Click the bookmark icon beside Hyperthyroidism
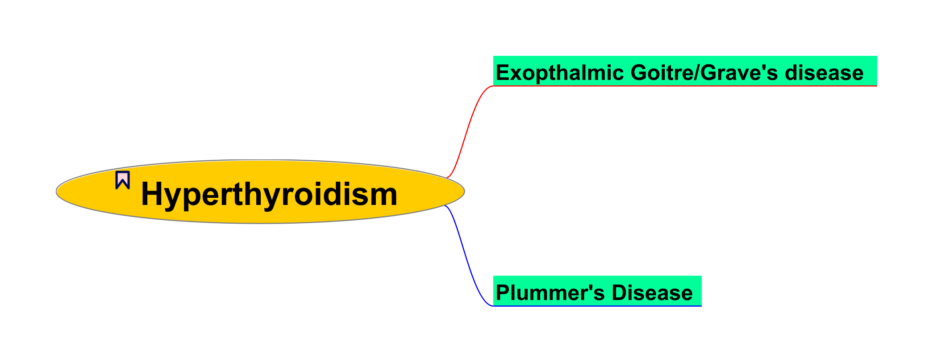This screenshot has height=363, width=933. [123, 180]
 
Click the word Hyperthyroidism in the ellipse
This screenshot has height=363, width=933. [269, 194]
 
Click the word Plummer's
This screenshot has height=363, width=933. [550, 293]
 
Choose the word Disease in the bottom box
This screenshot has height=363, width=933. [652, 293]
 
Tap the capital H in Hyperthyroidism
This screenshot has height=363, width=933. [151, 194]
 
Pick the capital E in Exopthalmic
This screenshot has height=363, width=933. [502, 73]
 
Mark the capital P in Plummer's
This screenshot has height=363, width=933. [502, 293]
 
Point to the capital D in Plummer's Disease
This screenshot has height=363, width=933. [620, 293]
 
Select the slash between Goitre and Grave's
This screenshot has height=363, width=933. [697, 73]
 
